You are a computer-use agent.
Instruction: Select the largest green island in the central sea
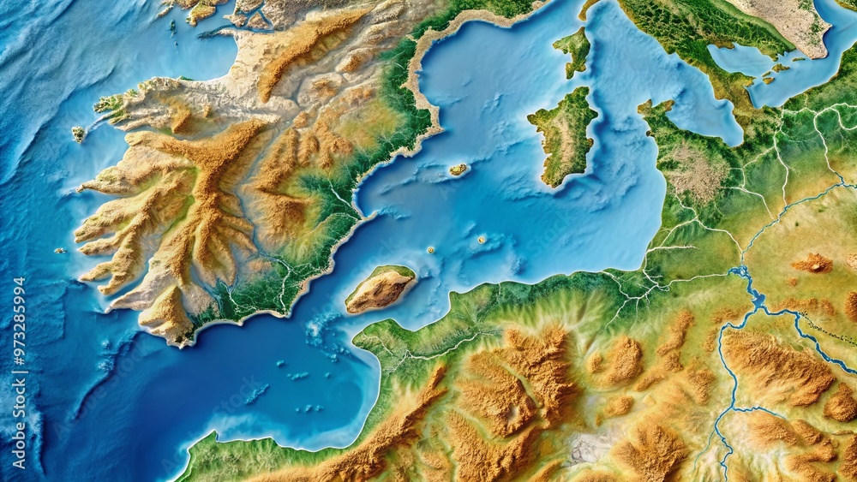(x=564, y=137)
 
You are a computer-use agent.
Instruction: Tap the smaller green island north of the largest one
(x=573, y=50)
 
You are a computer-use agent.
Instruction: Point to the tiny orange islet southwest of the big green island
(x=458, y=170)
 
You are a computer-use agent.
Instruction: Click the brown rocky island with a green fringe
(x=380, y=289)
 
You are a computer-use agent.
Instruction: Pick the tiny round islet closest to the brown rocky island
(x=430, y=250)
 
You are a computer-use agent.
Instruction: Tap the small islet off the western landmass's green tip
(x=78, y=134)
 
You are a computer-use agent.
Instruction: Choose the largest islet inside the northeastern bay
(x=780, y=67)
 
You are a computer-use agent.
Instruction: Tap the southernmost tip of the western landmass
(x=181, y=341)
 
